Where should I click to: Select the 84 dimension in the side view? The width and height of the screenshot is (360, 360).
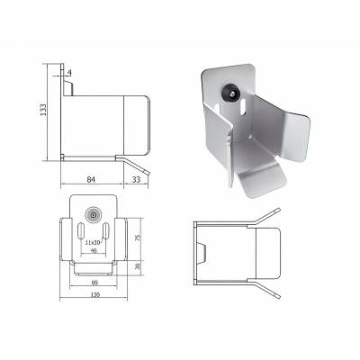(90, 178)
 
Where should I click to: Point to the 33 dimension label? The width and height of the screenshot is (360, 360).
(136, 178)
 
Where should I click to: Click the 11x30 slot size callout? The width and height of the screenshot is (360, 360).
(91, 243)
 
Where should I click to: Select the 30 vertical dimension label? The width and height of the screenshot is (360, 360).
(138, 266)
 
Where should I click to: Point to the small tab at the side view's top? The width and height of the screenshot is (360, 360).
(65, 88)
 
